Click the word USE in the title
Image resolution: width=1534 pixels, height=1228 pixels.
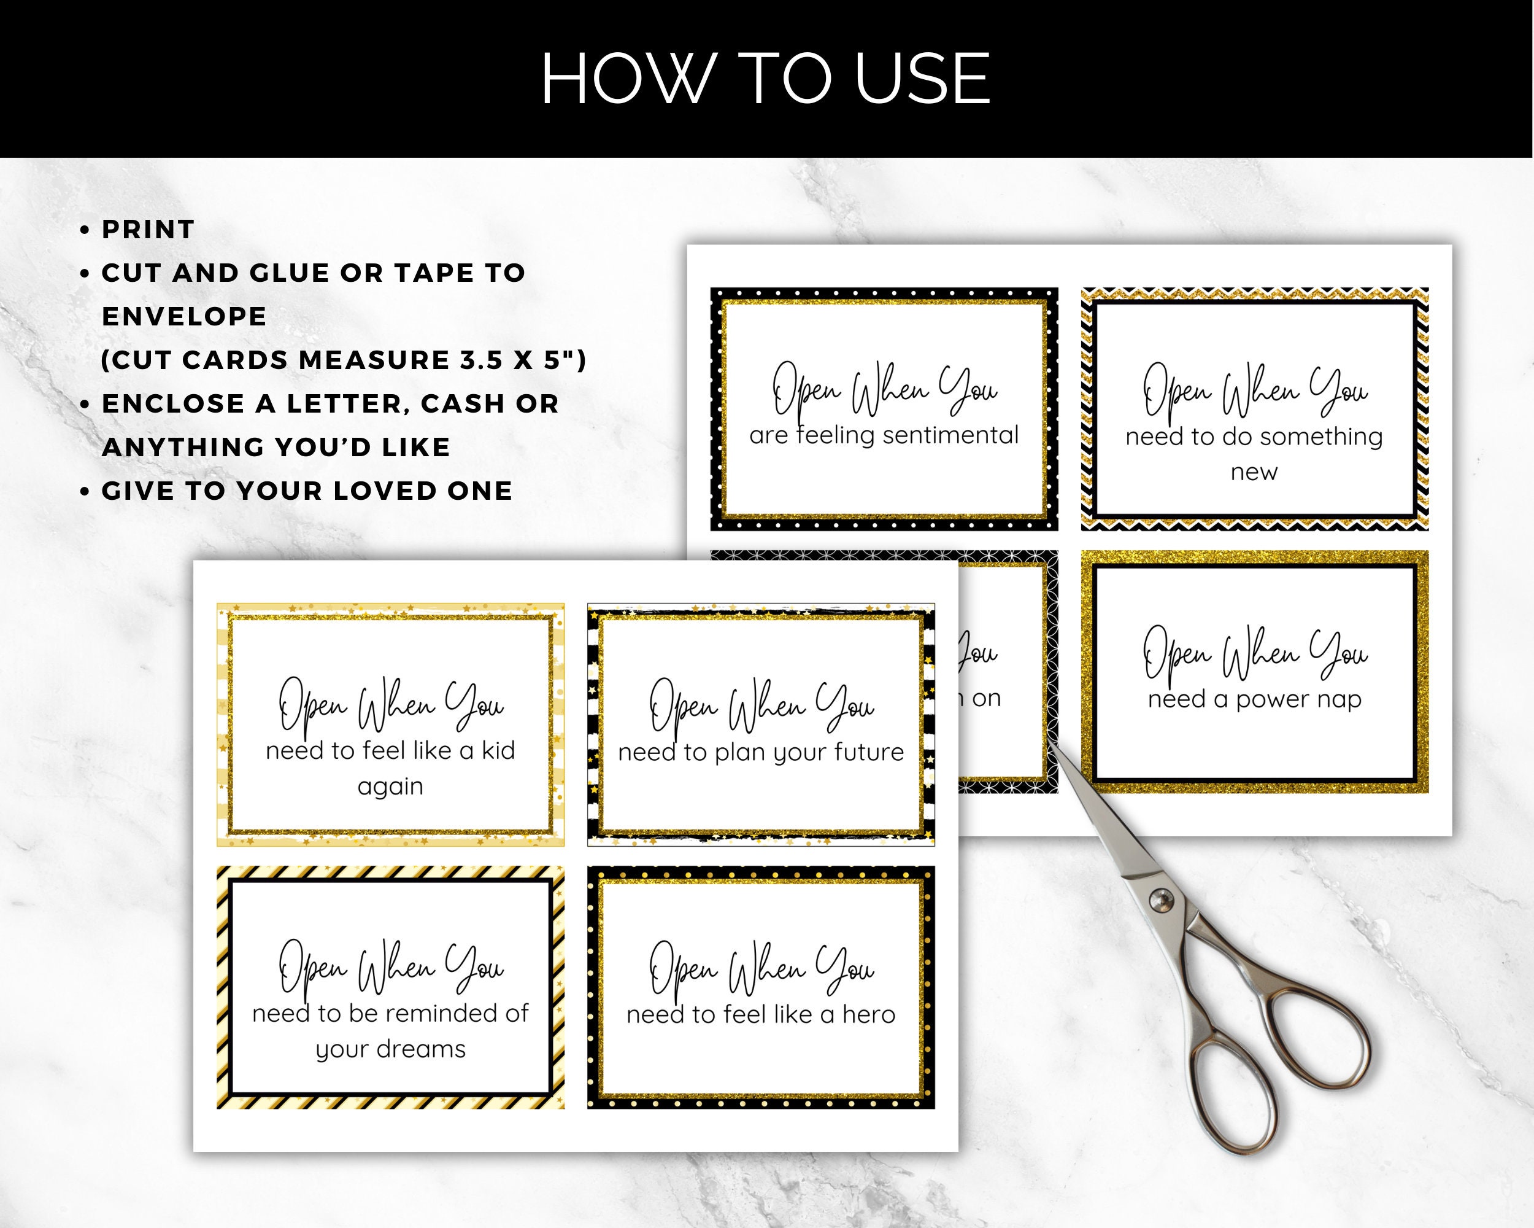click(922, 79)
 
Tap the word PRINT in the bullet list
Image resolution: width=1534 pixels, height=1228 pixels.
click(148, 229)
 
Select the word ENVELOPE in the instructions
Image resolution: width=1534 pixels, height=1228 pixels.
click(184, 316)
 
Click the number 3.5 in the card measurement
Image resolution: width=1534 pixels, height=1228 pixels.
click(482, 360)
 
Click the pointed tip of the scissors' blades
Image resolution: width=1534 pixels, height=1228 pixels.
click(1052, 742)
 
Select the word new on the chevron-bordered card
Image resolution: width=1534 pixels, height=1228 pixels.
click(1254, 472)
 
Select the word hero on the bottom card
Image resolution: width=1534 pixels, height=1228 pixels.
click(869, 1014)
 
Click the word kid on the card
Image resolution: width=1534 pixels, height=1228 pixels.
click(498, 750)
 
